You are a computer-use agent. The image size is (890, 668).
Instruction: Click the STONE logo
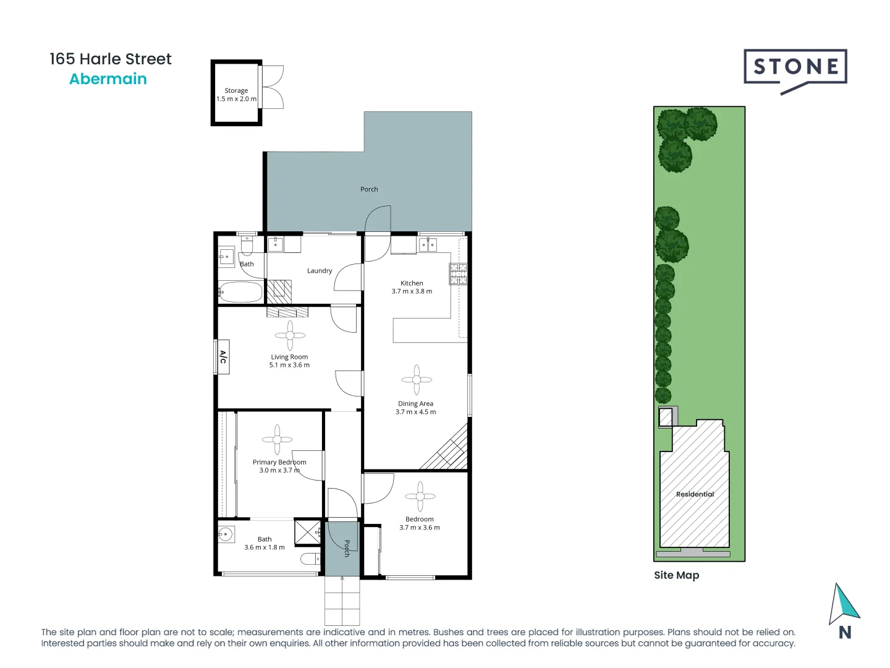click(795, 67)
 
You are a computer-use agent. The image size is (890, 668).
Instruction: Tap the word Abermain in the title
click(108, 79)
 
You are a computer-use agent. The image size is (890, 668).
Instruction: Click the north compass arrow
click(844, 604)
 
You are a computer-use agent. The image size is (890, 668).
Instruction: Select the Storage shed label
click(236, 90)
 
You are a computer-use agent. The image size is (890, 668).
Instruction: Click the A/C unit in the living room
click(223, 357)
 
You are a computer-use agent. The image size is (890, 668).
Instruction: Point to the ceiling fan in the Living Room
click(290, 335)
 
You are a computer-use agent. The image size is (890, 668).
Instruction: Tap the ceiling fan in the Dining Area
click(417, 380)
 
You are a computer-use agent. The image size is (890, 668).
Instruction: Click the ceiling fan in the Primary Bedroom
click(277, 440)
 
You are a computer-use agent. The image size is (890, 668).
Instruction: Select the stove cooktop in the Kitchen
click(458, 273)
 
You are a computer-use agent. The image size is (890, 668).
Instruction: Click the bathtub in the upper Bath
click(240, 292)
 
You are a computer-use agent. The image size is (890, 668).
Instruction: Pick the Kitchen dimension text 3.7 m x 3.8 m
click(412, 291)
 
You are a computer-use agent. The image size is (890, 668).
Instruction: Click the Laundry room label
click(320, 271)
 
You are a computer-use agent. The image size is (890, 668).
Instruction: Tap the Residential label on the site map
click(695, 494)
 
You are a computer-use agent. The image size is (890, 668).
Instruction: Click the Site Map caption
click(676, 575)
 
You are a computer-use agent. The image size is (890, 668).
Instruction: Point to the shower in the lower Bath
click(307, 532)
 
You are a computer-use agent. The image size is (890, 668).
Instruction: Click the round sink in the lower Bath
click(226, 534)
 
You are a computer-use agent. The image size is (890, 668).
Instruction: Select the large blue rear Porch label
click(369, 189)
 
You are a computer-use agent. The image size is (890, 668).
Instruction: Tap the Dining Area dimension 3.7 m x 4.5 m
click(415, 412)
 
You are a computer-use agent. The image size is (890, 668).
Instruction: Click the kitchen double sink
click(428, 246)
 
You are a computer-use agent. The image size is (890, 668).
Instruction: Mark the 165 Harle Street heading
click(111, 59)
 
